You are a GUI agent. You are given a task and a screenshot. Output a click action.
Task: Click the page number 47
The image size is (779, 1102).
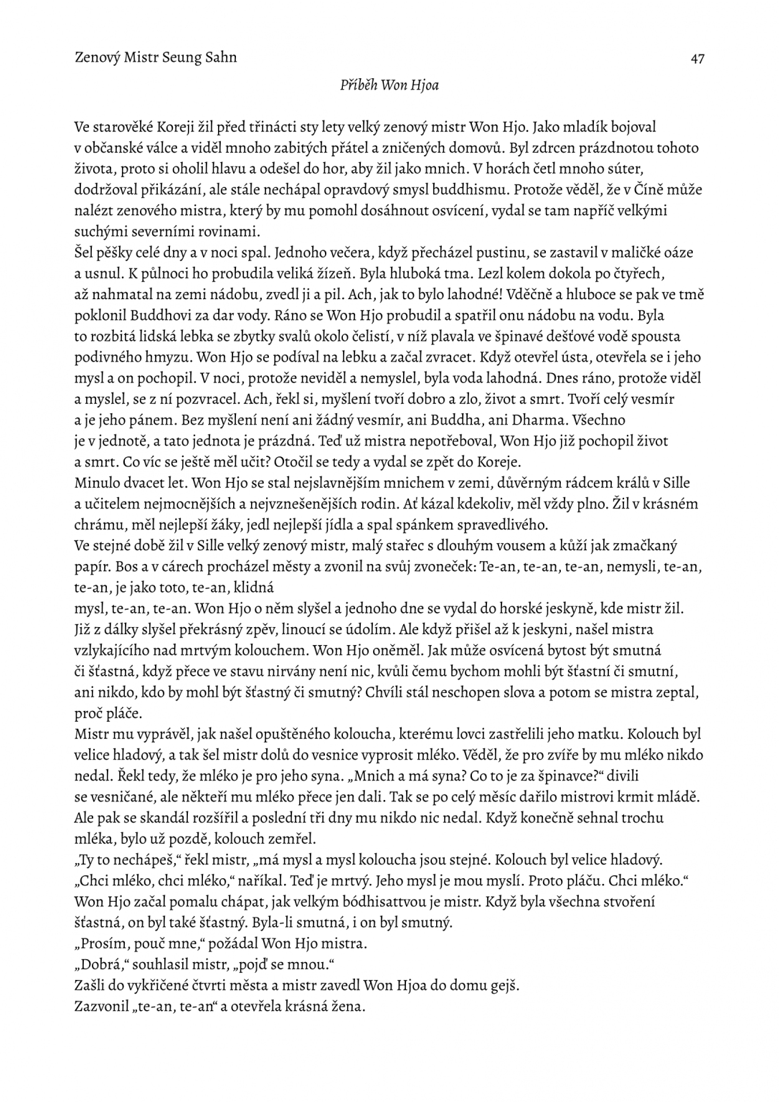pos(697,59)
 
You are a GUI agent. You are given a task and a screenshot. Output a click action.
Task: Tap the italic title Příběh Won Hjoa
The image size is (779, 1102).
pos(389,85)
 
